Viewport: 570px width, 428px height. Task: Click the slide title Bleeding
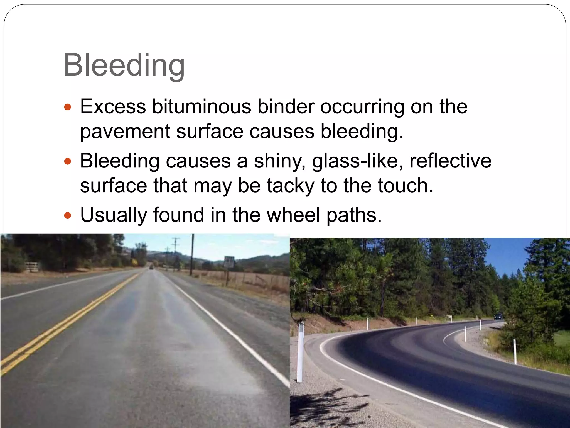click(x=124, y=66)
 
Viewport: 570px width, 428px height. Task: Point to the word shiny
click(x=279, y=161)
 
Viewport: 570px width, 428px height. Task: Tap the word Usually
click(x=114, y=215)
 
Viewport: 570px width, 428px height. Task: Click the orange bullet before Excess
click(x=68, y=107)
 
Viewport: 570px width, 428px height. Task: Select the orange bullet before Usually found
click(x=68, y=215)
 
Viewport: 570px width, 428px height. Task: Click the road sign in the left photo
click(x=229, y=262)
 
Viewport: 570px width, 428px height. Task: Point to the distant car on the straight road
click(x=151, y=267)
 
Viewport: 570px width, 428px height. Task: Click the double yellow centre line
click(x=70, y=320)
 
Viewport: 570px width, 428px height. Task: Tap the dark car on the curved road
click(x=498, y=316)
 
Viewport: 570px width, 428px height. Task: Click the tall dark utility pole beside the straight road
click(x=192, y=254)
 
